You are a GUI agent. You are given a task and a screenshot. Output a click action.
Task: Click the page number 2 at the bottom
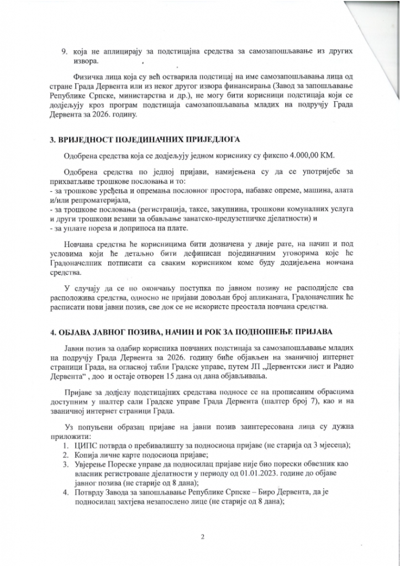203,536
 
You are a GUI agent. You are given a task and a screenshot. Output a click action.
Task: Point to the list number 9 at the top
64,51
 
